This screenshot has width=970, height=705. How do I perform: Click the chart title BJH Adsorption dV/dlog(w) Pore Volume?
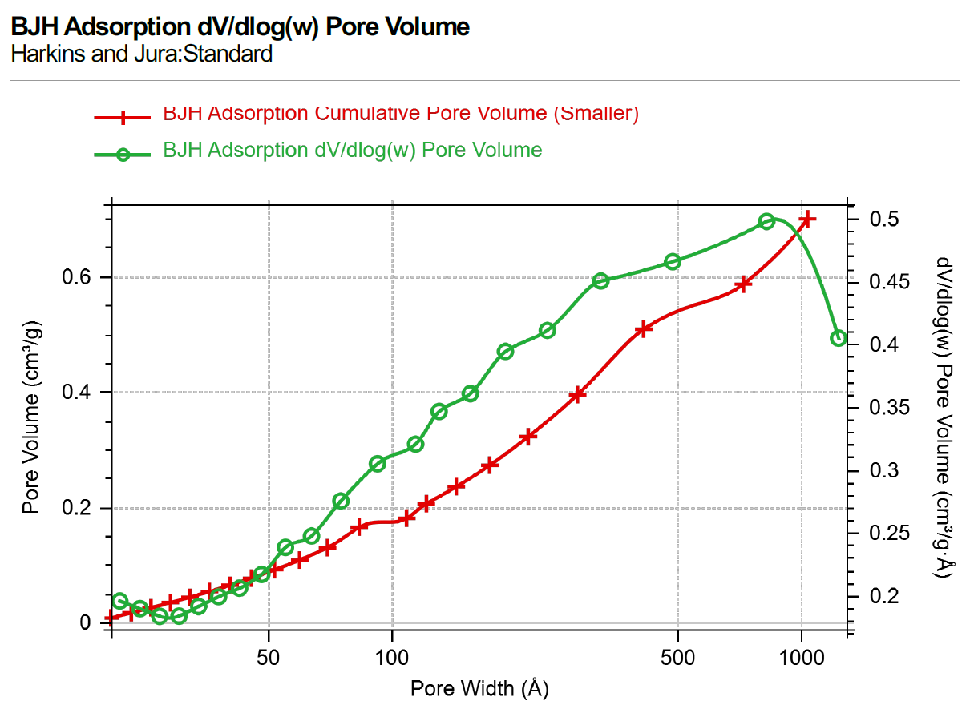[240, 26]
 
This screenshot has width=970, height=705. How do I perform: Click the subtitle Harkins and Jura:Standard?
[141, 54]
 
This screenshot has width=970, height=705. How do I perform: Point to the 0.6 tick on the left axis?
[78, 277]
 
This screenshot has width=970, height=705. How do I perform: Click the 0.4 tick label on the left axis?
[78, 393]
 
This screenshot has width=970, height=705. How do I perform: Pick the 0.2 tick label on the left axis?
[78, 508]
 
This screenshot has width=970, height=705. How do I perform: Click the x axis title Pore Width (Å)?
[479, 687]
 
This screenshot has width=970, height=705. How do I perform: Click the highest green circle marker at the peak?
[766, 221]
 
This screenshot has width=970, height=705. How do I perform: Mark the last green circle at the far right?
[839, 338]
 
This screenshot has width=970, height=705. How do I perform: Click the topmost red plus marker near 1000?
[807, 219]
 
